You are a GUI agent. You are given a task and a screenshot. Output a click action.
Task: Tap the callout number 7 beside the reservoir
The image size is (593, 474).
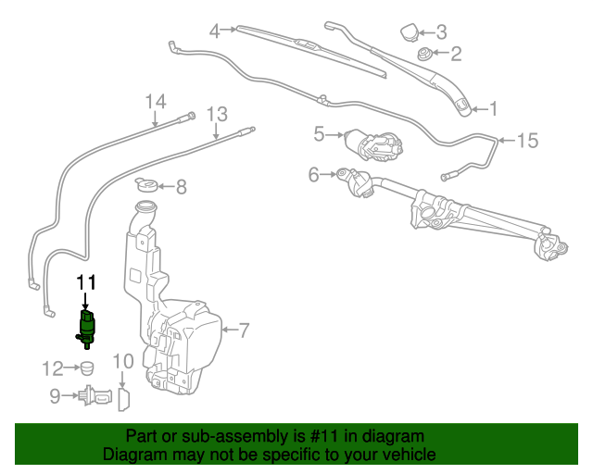[x=245, y=329]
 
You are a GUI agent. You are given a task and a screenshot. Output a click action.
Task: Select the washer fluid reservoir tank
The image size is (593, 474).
[x=181, y=324]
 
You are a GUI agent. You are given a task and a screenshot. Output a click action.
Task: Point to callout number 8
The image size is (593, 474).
[x=181, y=187]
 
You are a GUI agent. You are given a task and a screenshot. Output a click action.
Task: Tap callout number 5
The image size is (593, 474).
[x=320, y=134]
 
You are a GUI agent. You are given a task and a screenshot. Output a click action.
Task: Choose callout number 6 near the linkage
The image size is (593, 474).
[x=313, y=173]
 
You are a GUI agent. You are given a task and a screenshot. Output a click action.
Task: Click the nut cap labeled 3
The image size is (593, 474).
[x=408, y=33]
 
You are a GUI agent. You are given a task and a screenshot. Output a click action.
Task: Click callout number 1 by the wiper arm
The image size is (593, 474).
[x=494, y=109]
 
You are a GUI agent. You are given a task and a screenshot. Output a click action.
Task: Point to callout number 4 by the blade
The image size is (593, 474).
[x=215, y=31]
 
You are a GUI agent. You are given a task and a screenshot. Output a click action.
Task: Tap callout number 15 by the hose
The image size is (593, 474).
[x=526, y=141]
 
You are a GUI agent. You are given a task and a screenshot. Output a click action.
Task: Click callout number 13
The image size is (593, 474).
[x=216, y=115]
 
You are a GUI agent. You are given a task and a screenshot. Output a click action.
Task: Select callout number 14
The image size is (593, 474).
[x=155, y=101]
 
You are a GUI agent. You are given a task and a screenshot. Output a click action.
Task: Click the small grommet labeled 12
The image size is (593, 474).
[x=85, y=368]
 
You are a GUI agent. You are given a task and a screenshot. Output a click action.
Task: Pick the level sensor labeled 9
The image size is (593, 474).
[x=92, y=396]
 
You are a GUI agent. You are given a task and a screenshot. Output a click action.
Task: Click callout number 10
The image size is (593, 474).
[x=123, y=361]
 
